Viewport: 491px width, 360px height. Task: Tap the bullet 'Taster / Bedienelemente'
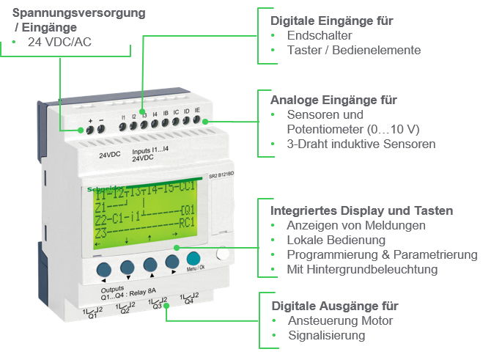tap(353, 50)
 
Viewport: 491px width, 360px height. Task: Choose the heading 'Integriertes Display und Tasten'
tap(362, 210)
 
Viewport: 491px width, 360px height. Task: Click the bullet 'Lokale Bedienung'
tap(336, 240)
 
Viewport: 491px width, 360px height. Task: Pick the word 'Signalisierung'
tap(326, 335)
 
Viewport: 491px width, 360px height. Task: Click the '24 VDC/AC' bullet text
tap(60, 42)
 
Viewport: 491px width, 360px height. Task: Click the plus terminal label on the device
tap(90, 120)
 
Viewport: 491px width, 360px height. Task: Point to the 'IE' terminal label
tap(197, 109)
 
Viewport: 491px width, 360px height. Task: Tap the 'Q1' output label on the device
tap(92, 317)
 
